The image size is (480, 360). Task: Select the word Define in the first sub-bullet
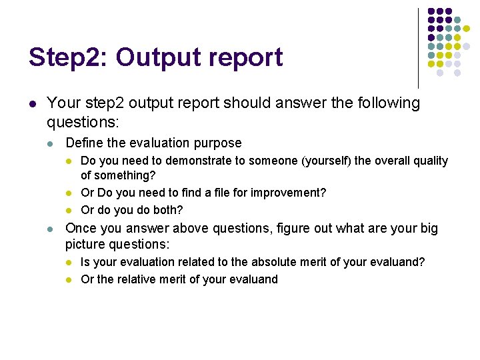(84, 143)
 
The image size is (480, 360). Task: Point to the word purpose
(219, 143)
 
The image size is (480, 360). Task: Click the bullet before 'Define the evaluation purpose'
(52, 143)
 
